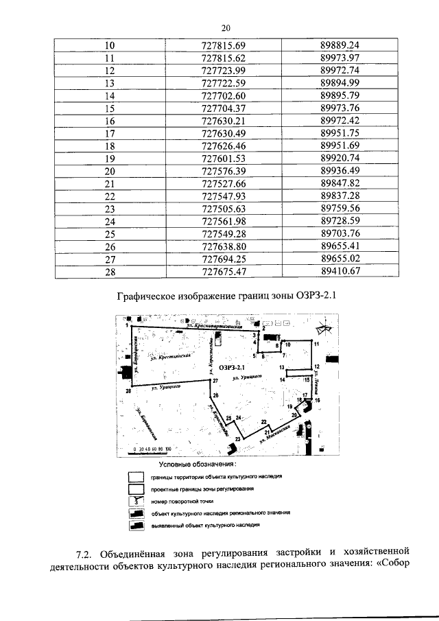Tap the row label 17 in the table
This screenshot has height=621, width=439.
(109, 132)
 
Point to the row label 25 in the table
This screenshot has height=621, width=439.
(109, 233)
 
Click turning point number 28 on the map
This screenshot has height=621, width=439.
(128, 391)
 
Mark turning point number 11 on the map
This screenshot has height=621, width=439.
(317, 342)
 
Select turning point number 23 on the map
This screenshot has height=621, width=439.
(238, 438)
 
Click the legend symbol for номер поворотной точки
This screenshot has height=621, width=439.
(137, 500)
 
